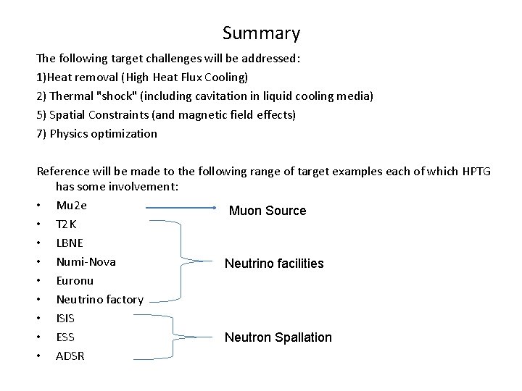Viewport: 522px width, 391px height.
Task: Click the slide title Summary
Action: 261,33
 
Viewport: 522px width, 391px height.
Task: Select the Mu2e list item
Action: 71,205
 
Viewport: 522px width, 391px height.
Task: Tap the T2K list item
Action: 66,224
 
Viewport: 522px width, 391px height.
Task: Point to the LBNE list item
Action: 69,243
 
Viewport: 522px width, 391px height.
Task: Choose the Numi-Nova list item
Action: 86,261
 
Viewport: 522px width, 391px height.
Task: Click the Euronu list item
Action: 75,280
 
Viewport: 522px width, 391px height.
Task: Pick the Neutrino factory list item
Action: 99,299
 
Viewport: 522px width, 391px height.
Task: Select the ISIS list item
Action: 65,318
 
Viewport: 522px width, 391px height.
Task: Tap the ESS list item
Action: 65,337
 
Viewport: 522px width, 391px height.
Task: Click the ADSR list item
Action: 70,356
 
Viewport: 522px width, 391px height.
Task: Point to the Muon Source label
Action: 268,211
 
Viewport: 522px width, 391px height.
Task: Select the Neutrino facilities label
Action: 274,264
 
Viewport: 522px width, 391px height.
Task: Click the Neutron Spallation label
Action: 278,337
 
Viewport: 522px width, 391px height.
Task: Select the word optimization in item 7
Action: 125,133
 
